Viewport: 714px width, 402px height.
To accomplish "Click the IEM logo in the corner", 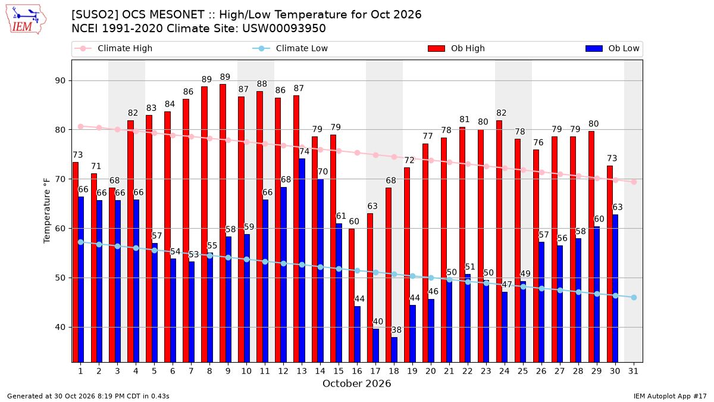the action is click(x=26, y=20).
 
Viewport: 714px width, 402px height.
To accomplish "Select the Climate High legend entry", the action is click(x=113, y=48).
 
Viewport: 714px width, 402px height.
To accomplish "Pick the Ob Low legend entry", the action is click(x=612, y=48).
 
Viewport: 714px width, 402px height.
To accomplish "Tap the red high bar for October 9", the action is click(x=223, y=223).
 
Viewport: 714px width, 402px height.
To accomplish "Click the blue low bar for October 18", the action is click(x=394, y=350).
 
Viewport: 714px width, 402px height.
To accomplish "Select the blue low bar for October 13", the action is click(x=302, y=260).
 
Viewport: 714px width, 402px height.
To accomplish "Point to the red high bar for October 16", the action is click(x=352, y=295).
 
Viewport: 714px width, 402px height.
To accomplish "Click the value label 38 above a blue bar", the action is click(x=396, y=330).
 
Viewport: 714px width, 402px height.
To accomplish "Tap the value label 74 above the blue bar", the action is click(x=304, y=151).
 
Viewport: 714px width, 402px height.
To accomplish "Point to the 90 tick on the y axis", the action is click(x=60, y=81).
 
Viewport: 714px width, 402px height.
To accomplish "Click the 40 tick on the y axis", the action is click(x=60, y=328).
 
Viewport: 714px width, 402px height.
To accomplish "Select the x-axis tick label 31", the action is click(x=633, y=372).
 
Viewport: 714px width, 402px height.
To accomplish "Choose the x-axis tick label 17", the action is click(x=375, y=372).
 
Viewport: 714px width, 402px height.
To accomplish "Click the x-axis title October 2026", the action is click(x=356, y=384).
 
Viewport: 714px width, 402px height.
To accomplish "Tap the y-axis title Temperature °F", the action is click(x=47, y=211).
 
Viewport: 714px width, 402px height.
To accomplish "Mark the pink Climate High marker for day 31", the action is click(x=634, y=182).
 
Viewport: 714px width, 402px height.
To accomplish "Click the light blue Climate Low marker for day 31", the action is click(x=634, y=297).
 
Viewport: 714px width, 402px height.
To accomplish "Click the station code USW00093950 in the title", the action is click(x=284, y=29).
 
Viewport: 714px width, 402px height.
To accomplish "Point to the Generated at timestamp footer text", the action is click(x=88, y=396).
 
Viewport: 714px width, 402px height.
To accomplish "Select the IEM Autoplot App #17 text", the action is click(x=670, y=396).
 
